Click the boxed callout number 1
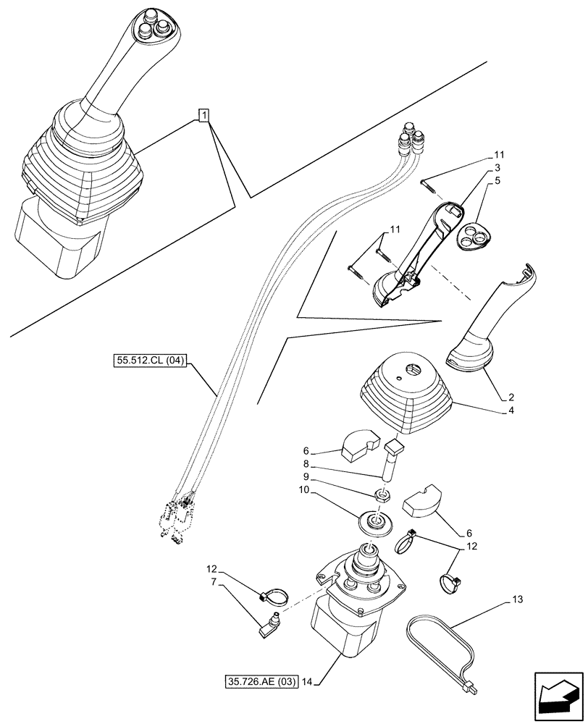coord(205,115)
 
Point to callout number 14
coord(307,681)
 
